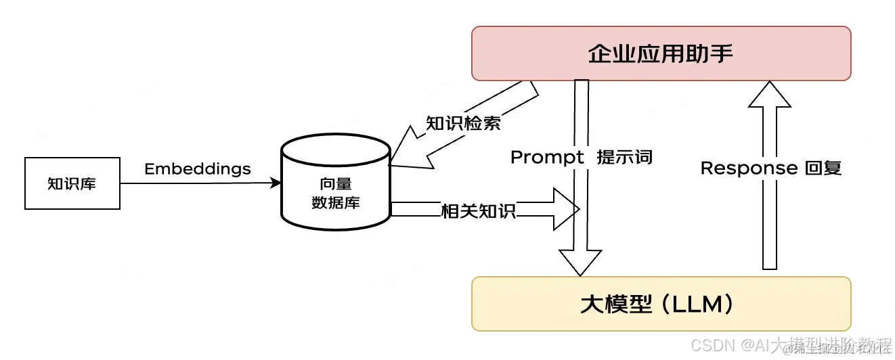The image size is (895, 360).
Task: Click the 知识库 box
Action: tap(72, 183)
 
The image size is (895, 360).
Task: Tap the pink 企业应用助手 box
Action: tap(661, 53)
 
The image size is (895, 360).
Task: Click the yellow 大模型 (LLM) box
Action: tap(661, 304)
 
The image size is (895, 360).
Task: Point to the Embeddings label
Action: tap(197, 168)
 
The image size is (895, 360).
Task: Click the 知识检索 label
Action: tap(463, 124)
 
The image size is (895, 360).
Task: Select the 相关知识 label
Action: tap(478, 210)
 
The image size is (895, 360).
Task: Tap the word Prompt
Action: tap(547, 157)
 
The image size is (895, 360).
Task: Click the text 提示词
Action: tap(624, 157)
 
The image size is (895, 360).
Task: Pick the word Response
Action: tap(749, 168)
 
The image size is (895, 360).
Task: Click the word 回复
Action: tap(823, 168)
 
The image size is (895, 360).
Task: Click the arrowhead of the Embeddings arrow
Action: tap(276, 183)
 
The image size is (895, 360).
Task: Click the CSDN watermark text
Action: tap(715, 346)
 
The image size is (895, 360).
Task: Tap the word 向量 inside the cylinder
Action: tap(335, 183)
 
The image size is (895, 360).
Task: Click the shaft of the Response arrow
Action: tap(769, 203)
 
